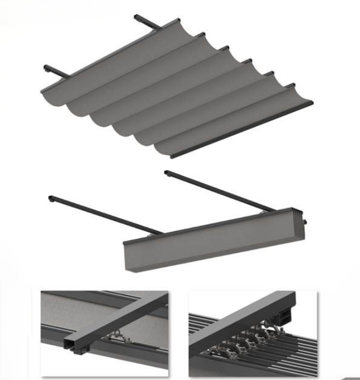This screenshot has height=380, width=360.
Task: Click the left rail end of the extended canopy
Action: [x=47, y=69]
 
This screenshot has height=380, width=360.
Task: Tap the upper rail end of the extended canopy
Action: [x=138, y=18]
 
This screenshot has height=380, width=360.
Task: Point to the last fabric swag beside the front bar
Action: [x=235, y=120]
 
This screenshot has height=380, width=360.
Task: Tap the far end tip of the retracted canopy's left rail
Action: [x=51, y=198]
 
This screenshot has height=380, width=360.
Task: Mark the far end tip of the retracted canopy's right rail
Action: [x=167, y=173]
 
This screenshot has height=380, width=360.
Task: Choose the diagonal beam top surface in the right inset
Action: [x=246, y=319]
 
